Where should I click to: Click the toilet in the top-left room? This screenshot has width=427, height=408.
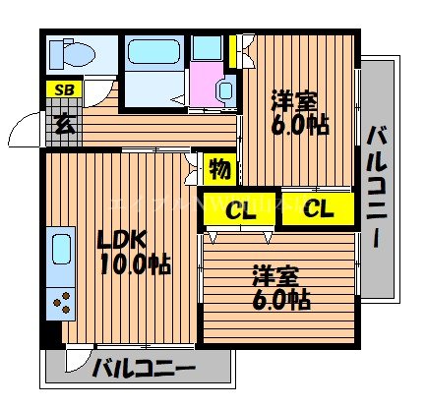pos(71,53)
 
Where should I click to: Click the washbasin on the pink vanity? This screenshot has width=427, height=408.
pos(222,89)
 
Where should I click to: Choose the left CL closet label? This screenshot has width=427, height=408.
pos(237,208)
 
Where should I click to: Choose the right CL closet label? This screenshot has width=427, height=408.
pos(317,207)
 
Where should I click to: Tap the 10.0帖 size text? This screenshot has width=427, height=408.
pos(134,263)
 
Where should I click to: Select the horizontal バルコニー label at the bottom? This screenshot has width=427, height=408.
pos(144,371)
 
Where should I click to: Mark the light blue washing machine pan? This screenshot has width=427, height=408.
pos(207,47)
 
